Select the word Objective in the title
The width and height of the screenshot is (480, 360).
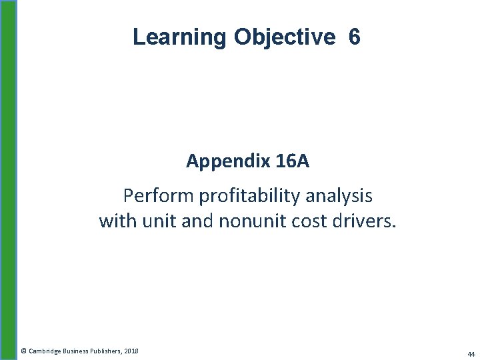285,37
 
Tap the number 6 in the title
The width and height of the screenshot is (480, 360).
354,37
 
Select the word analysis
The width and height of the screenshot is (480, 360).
343,196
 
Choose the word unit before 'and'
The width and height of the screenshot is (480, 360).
157,221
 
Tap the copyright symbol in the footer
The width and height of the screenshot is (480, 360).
23,351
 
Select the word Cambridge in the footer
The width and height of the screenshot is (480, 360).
45,351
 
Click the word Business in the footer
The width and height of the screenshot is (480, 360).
75,351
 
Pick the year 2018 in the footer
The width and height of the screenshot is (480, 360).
131,351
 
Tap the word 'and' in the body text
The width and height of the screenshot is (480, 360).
197,221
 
